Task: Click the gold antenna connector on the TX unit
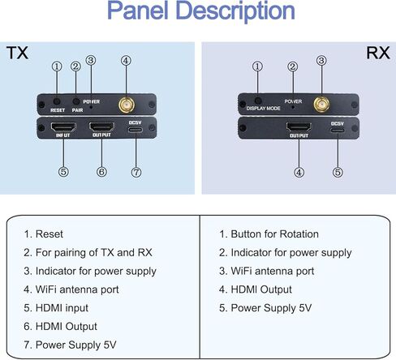[x=127, y=105]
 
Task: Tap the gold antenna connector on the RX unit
[x=321, y=105]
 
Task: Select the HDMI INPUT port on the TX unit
[x=63, y=126]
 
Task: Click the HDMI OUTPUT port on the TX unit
[x=101, y=126]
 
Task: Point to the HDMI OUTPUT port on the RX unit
[x=299, y=127]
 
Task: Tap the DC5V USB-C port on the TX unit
[x=136, y=130]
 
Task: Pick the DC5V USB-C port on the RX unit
[x=338, y=130]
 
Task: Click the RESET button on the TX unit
[x=57, y=101]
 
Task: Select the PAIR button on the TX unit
[x=76, y=101]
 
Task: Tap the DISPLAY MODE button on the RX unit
[x=258, y=101]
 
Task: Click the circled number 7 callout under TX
[x=136, y=172]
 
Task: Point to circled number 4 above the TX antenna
[x=126, y=61]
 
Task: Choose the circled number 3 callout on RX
[x=321, y=61]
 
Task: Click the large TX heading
[x=17, y=53]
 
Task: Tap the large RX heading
[x=378, y=53]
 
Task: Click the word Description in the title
[x=235, y=11]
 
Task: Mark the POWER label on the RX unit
[x=293, y=101]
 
